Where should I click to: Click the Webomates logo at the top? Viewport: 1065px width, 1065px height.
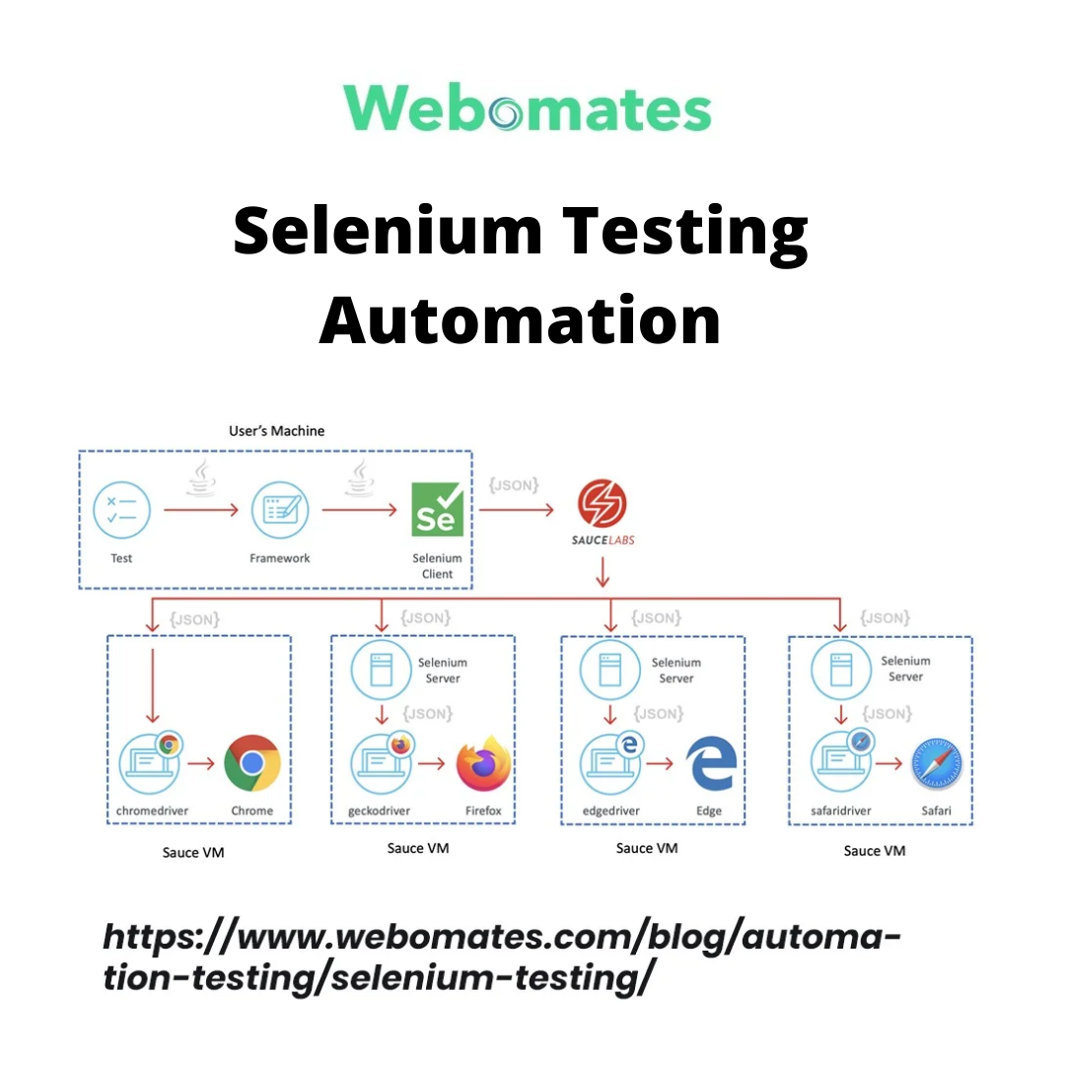(528, 107)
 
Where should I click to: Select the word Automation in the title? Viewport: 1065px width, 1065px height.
(520, 319)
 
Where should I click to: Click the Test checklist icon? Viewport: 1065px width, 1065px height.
(121, 511)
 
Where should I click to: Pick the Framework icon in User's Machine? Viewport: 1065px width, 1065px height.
(279, 511)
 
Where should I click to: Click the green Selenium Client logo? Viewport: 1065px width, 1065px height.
(437, 510)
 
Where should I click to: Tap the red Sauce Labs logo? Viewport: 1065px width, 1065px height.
(601, 503)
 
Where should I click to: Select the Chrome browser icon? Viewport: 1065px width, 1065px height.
(252, 763)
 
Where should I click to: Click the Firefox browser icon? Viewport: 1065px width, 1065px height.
(483, 763)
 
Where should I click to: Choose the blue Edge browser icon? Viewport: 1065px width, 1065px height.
(712, 763)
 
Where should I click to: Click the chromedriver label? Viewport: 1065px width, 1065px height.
(152, 812)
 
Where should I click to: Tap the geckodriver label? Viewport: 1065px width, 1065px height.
(379, 812)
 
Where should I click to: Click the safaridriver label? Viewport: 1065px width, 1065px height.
(839, 812)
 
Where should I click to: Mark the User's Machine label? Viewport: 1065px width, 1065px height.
(276, 431)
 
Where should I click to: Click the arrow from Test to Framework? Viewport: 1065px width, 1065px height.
(201, 511)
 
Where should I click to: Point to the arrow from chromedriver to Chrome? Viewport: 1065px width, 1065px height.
(202, 763)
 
